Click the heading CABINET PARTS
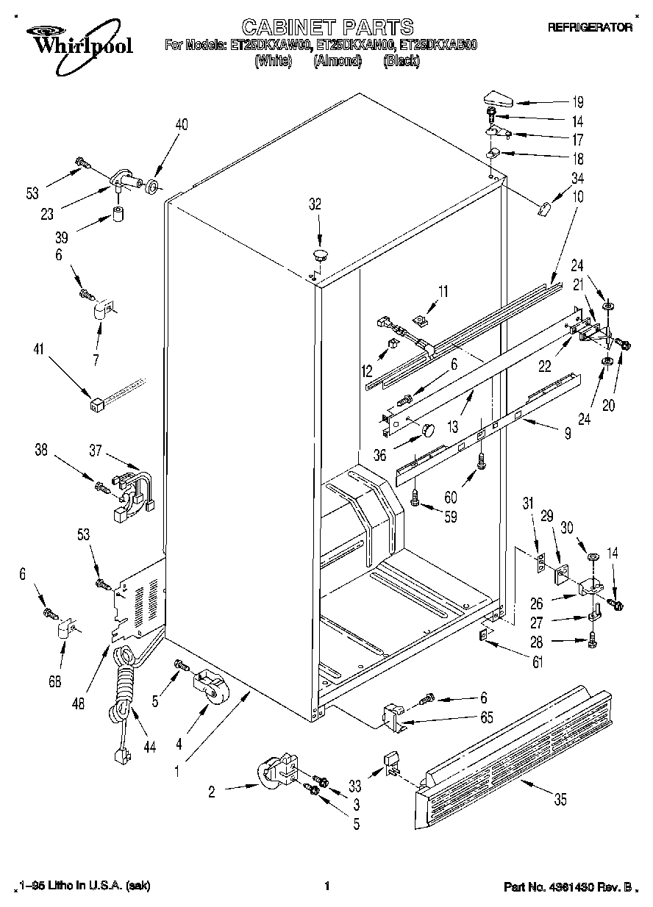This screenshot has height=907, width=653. point(327,28)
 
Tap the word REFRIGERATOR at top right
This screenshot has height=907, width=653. point(590,27)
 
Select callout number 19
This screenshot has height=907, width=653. point(577,103)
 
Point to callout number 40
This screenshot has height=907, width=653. point(181,125)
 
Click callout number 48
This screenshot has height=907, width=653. point(79,702)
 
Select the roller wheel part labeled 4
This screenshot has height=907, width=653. point(210,685)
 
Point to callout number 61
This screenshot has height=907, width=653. point(538,663)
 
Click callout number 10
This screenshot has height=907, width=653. point(578,197)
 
